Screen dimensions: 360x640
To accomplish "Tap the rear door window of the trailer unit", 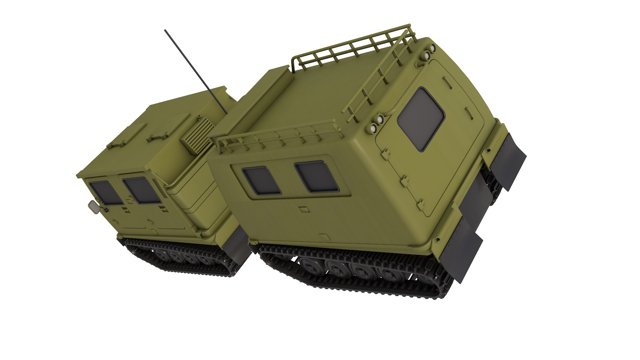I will (421, 119).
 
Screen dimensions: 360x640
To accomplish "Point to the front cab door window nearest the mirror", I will (105, 193).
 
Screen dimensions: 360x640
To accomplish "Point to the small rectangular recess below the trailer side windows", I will (304, 209).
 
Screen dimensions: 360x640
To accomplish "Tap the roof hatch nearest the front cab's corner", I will (128, 137).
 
